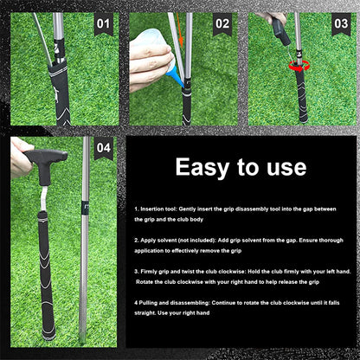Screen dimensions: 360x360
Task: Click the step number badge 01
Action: pyautogui.click(x=103, y=25)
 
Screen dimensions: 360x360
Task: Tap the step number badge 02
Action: pyautogui.click(x=222, y=25)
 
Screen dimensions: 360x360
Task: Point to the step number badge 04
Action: pyautogui.click(x=104, y=148)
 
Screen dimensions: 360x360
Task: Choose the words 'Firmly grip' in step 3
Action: pyautogui.click(x=157, y=270)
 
